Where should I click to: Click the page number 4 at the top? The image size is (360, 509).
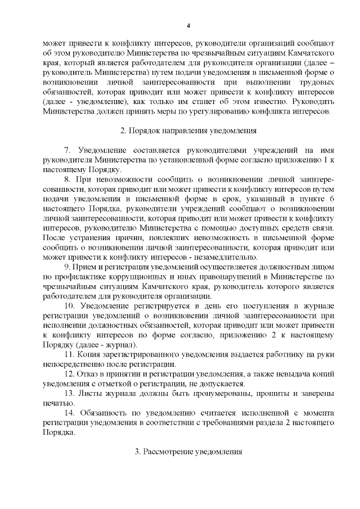[189, 26]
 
